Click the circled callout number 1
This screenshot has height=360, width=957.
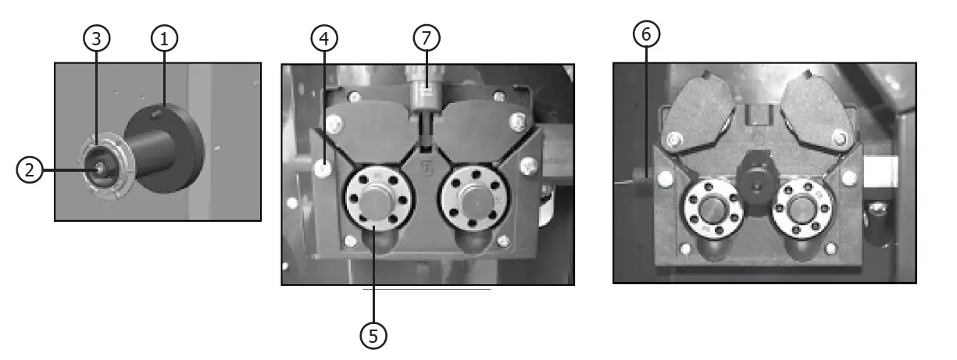[164, 40]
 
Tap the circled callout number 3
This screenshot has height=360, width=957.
[96, 40]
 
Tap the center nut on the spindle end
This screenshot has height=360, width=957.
[100, 166]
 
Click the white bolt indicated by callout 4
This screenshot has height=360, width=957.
[323, 166]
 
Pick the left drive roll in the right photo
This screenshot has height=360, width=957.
[712, 209]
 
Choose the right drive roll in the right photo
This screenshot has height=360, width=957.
[802, 209]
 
